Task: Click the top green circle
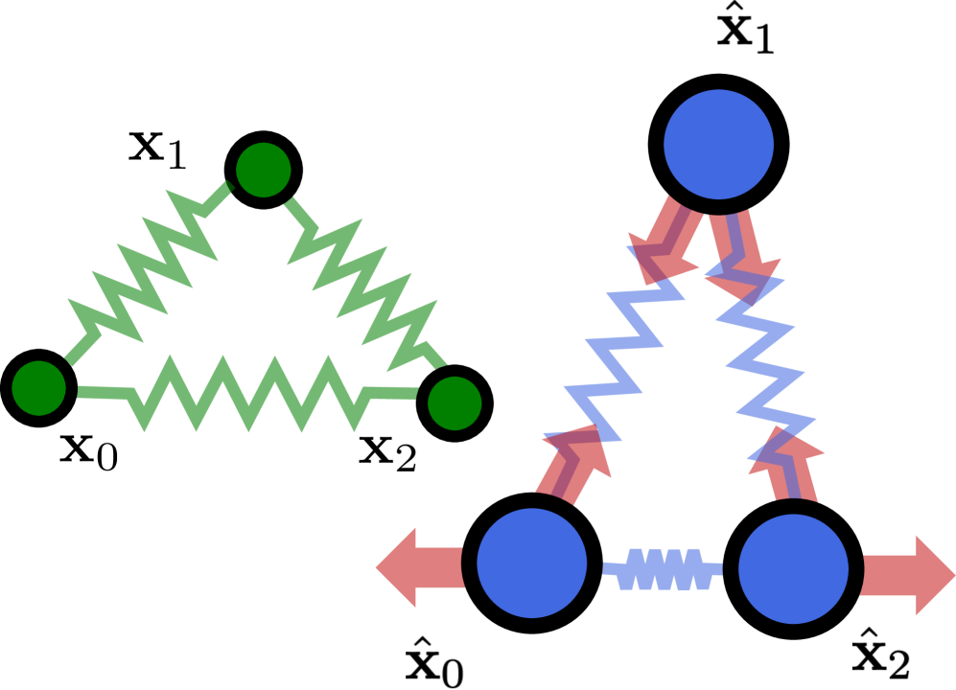tap(264, 170)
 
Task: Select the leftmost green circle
tap(38, 388)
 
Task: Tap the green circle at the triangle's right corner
tap(455, 403)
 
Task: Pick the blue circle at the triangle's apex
tap(718, 145)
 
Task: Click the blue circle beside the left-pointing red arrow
tap(531, 563)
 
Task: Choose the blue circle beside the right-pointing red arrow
tap(793, 568)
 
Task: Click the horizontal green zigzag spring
tap(249, 394)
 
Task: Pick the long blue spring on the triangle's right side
tap(762, 364)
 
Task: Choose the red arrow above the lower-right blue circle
tap(790, 465)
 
